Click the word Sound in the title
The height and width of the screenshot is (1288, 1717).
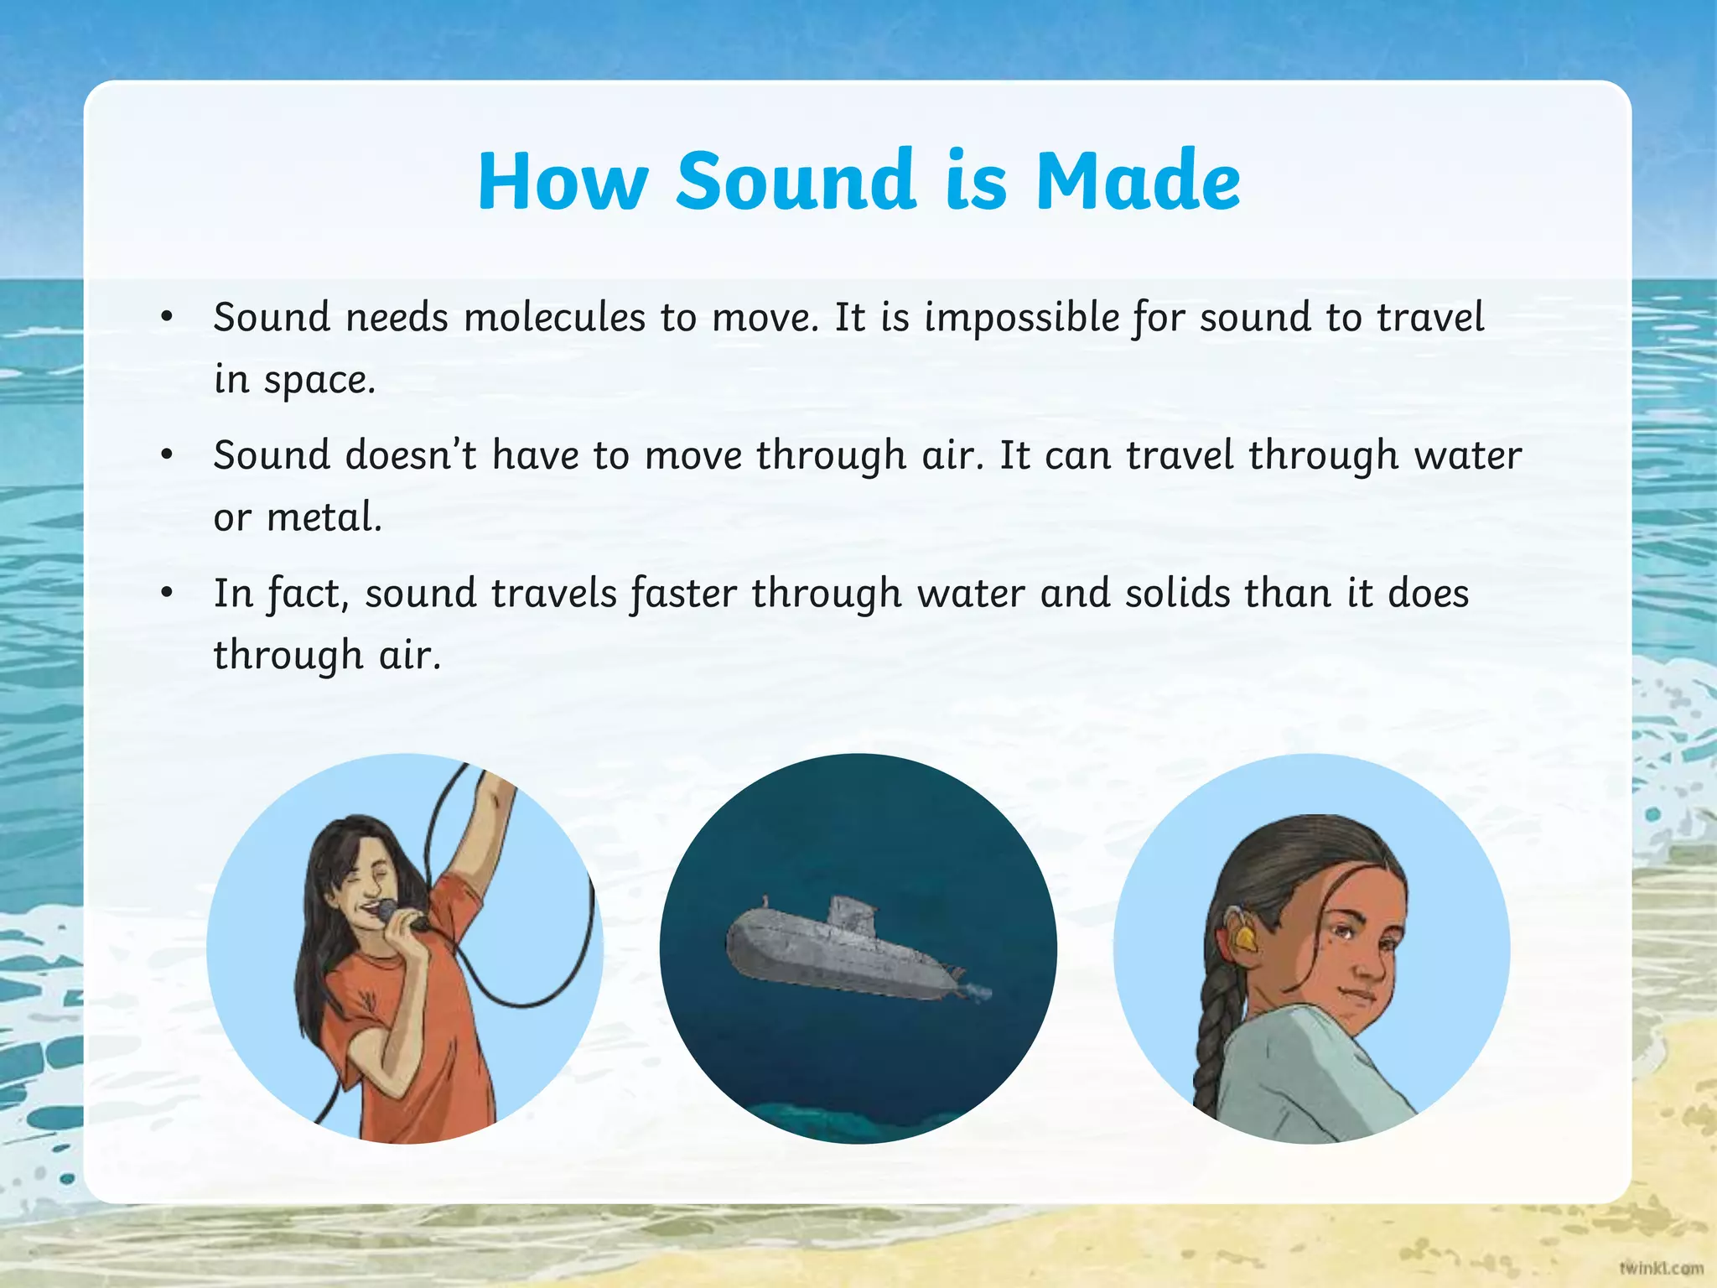[795, 180]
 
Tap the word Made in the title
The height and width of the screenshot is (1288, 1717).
[1138, 180]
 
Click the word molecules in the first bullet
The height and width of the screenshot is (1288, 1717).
[554, 318]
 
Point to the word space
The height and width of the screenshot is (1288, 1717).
[319, 381]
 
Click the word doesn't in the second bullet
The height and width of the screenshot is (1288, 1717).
[411, 455]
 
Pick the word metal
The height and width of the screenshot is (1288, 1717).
[324, 517]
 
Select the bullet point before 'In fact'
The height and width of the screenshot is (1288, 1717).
[167, 593]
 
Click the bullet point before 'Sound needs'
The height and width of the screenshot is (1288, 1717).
[167, 317]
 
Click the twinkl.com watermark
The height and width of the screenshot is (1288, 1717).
[1661, 1268]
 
